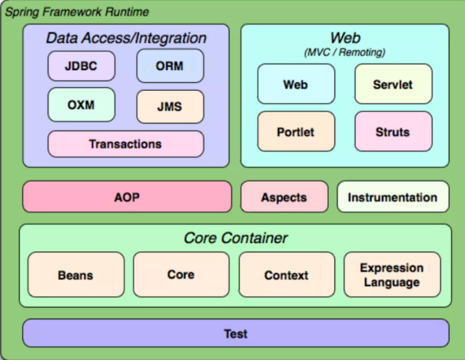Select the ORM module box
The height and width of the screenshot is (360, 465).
click(170, 65)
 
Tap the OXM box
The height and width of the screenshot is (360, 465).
click(81, 105)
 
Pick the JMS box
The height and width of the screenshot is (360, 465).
click(170, 106)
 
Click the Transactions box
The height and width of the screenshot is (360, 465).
click(125, 144)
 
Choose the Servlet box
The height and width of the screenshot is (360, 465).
click(394, 84)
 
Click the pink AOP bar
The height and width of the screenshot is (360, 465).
click(127, 197)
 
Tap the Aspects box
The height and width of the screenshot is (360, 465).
click(284, 197)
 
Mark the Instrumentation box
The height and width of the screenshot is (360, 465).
click(392, 197)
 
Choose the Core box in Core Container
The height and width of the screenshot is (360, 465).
click(181, 275)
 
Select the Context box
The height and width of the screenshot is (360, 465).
click(286, 275)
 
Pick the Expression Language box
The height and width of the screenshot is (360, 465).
click(392, 275)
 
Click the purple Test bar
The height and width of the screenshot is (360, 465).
click(235, 334)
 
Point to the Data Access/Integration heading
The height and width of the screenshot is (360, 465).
click(126, 38)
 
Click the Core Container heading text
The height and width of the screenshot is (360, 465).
click(235, 238)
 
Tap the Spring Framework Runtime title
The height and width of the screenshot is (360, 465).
click(77, 13)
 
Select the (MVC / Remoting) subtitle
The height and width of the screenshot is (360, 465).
click(345, 52)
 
